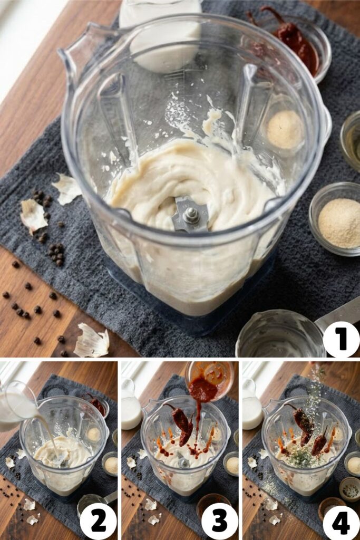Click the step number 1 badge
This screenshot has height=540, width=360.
(x=341, y=339)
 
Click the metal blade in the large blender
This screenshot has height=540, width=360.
(x=190, y=214)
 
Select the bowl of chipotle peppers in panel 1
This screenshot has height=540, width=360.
(x=295, y=45)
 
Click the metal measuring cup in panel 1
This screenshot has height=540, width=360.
(x=279, y=335)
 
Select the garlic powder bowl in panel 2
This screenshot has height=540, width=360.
(x=110, y=464)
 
